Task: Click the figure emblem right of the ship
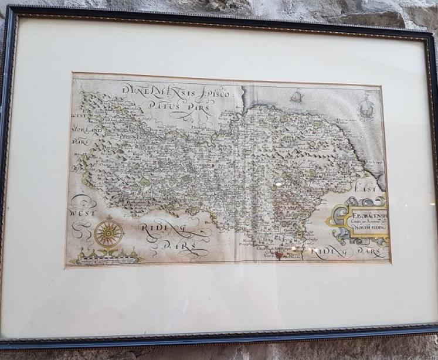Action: (x=366, y=107)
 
